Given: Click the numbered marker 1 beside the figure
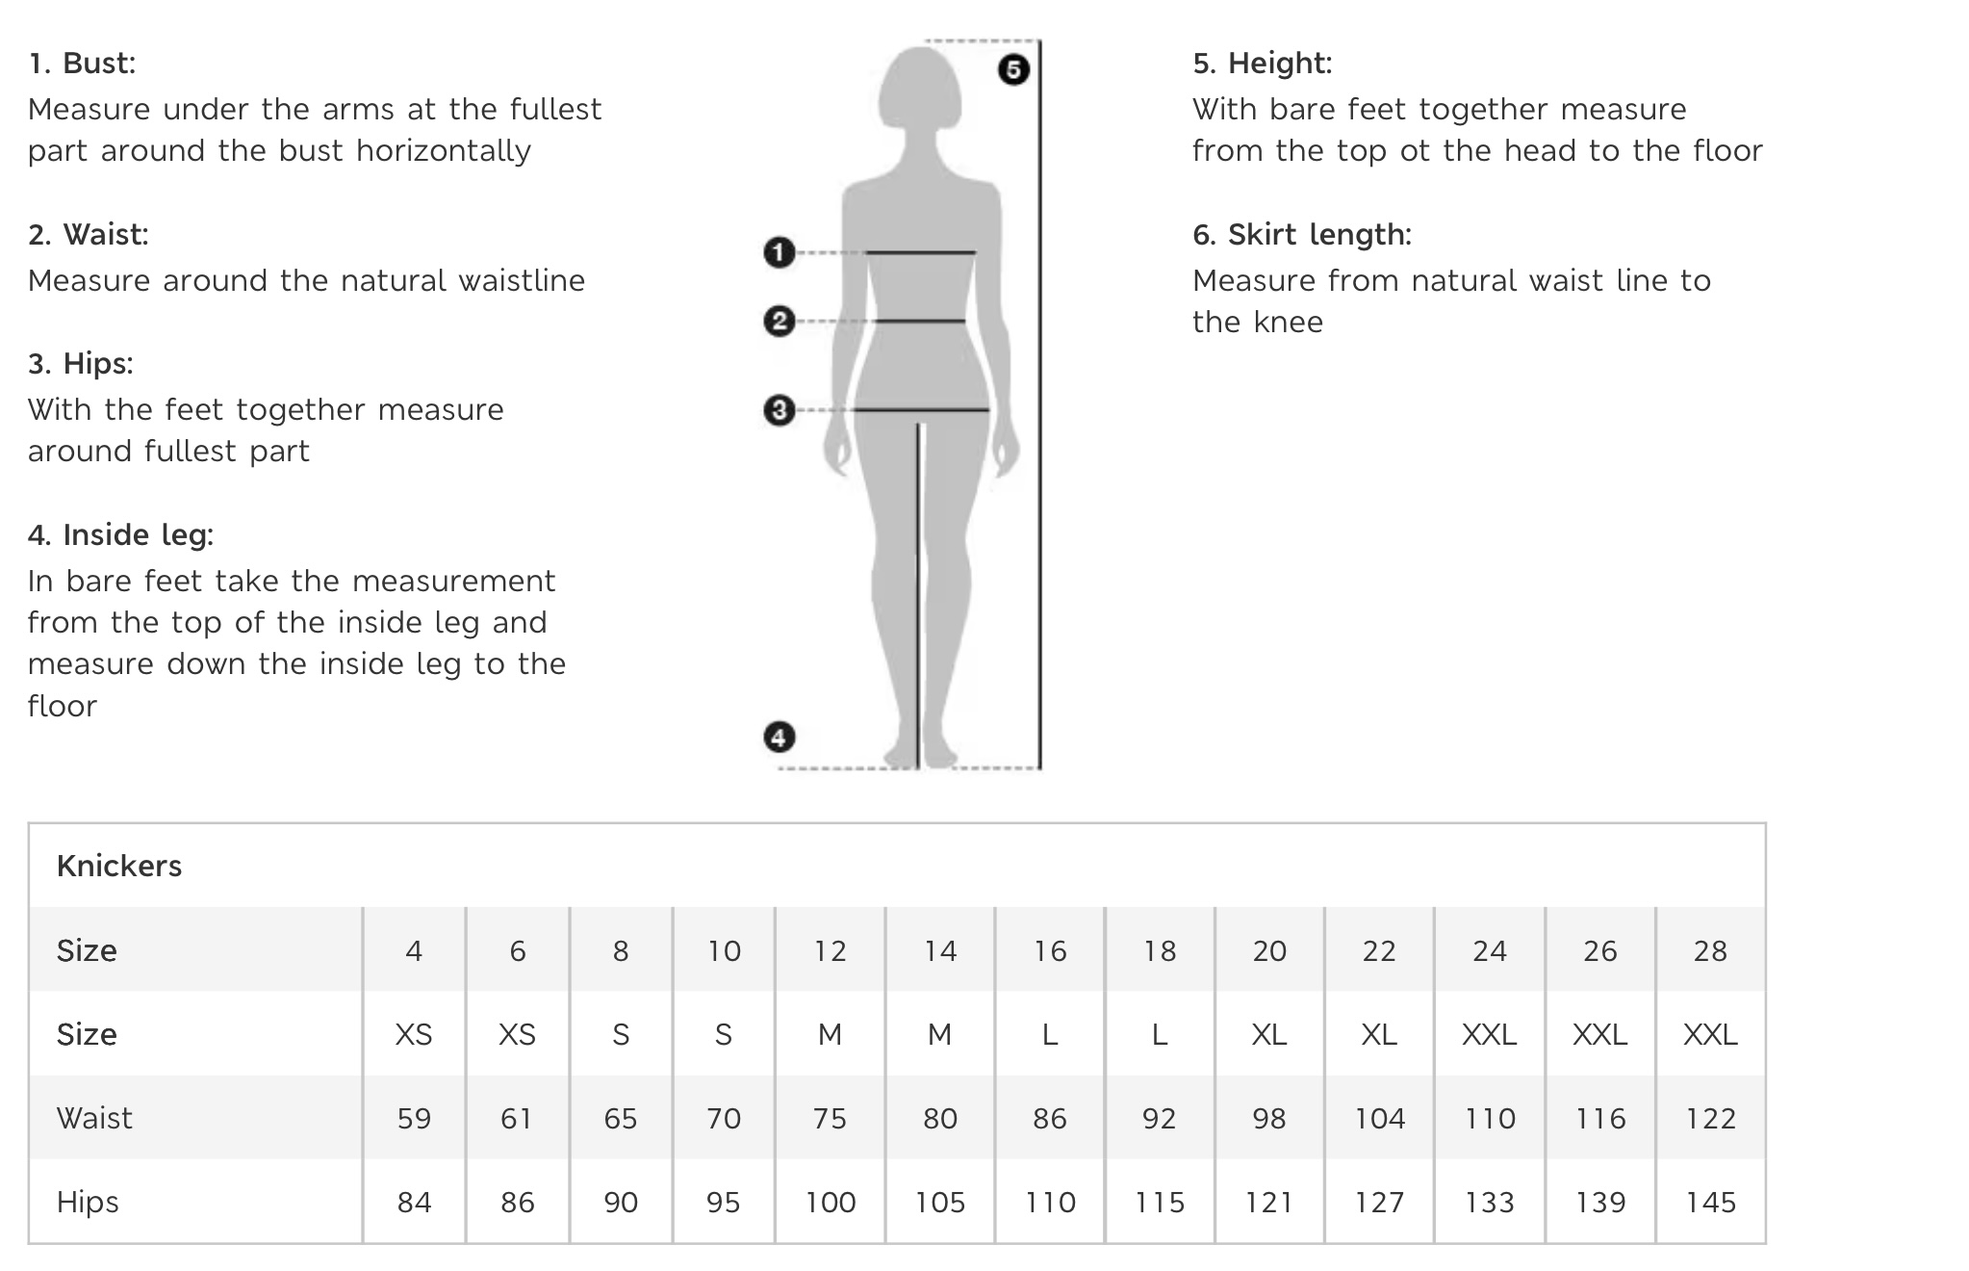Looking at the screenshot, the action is (x=779, y=253).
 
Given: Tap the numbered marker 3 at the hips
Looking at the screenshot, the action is (x=779, y=410).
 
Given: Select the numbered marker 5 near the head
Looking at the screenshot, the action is (x=1013, y=69).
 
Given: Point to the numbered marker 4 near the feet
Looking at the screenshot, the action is (x=779, y=738).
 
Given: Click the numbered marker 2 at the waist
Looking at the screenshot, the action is (x=779, y=321).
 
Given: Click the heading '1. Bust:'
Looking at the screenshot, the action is (x=83, y=64).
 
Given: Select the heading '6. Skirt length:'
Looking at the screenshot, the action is (x=1302, y=235).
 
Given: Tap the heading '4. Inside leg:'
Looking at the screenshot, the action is (x=121, y=535).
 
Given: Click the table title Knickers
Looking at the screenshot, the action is (x=119, y=867).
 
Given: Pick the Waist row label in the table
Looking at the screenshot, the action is (x=94, y=1118).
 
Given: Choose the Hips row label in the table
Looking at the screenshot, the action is (x=88, y=1203).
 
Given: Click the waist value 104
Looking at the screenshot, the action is (x=1380, y=1119).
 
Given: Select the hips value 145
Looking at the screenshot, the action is (x=1711, y=1203).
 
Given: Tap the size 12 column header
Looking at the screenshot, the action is (x=830, y=951).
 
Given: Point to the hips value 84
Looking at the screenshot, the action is (x=415, y=1203).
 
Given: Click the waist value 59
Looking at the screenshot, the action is (x=415, y=1119).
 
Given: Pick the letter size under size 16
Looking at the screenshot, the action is (x=1050, y=1035).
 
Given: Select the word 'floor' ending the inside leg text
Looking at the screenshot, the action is (x=63, y=707).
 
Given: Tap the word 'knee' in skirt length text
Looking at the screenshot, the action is (x=1289, y=323).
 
